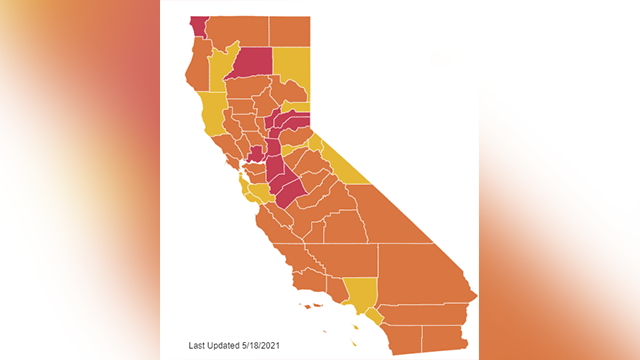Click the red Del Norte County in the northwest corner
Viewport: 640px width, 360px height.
click(197, 25)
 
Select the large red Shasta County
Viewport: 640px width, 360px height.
click(251, 62)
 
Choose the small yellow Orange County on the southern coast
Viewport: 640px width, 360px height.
click(374, 315)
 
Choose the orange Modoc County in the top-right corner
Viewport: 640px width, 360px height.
click(290, 30)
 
